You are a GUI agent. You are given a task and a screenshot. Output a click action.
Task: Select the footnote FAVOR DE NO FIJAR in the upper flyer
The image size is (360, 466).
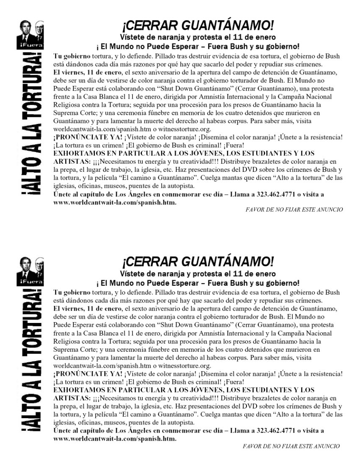point(294,209)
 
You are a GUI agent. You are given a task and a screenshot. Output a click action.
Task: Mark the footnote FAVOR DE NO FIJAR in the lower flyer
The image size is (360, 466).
point(291,446)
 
